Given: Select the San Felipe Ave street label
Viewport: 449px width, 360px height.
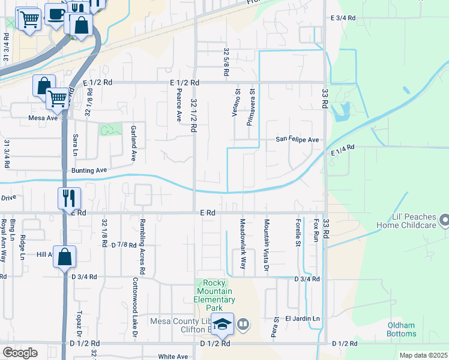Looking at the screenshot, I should point(297,139).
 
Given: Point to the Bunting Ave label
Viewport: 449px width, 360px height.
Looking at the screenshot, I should point(89,170).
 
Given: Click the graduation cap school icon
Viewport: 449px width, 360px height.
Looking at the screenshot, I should point(222,325).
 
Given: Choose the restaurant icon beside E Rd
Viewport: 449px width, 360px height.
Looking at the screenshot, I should point(69,197).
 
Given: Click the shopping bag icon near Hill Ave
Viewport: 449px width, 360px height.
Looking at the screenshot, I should point(65,257).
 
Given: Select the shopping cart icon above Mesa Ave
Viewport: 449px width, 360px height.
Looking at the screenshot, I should point(58,98).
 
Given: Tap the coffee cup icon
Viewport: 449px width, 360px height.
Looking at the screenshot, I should point(56,13).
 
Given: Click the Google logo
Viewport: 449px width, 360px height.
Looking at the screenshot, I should point(20,352).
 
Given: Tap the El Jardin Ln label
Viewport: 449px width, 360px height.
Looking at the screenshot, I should point(303,318).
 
